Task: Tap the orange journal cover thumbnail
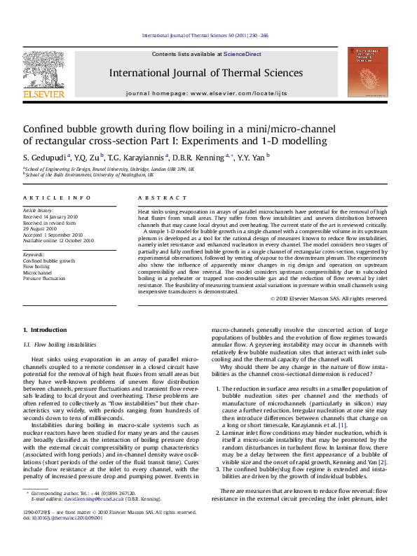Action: coord(368,71)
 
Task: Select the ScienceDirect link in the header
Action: coord(242,54)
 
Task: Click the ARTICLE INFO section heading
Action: coord(57,199)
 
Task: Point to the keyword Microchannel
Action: coord(39,272)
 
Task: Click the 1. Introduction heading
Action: coord(45,330)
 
